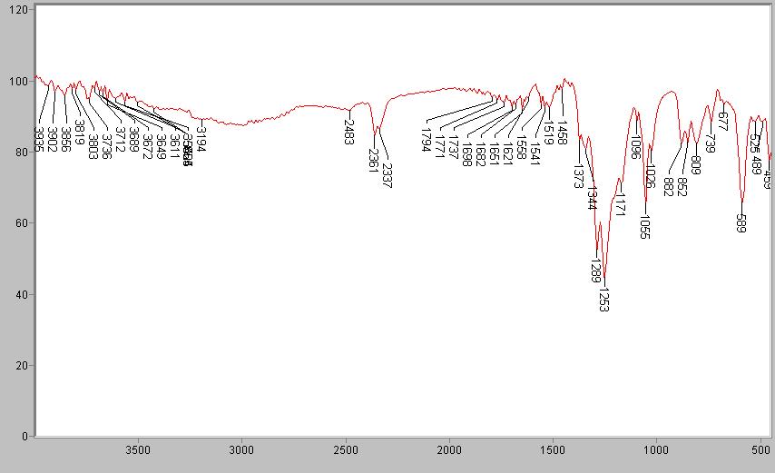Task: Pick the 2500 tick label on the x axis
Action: (x=346, y=448)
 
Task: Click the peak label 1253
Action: (x=603, y=300)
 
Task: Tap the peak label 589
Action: (x=741, y=223)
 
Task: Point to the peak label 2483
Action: (x=349, y=132)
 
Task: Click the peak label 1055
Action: (x=645, y=227)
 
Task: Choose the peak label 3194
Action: (x=201, y=139)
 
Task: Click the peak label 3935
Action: (x=39, y=138)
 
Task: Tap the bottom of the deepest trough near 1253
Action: (x=604, y=282)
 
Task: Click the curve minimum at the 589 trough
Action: (x=742, y=207)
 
